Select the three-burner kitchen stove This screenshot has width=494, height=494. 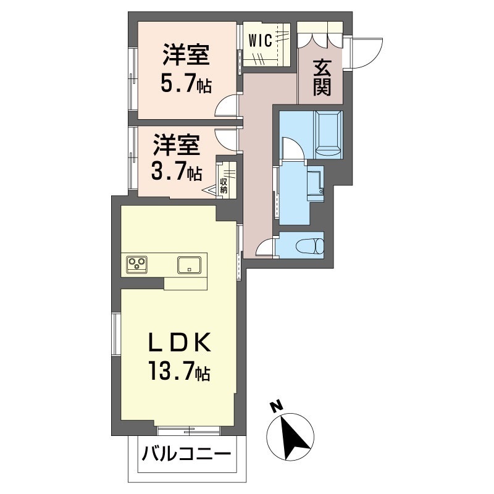point(137,264)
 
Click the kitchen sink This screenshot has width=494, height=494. point(188,265)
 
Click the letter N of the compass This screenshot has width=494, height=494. point(275,406)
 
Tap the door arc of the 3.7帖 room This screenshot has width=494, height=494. point(226,137)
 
